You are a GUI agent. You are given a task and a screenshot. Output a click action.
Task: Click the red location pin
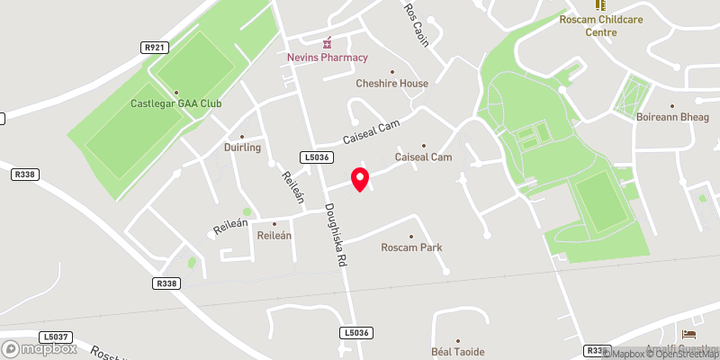pyautogui.click(x=360, y=178)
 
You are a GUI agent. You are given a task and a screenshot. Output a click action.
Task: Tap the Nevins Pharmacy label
pyautogui.click(x=328, y=58)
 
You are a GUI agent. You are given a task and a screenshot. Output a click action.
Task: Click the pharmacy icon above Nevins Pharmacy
pyautogui.click(x=328, y=42)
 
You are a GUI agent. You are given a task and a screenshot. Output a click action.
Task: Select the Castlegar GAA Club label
pyautogui.click(x=176, y=103)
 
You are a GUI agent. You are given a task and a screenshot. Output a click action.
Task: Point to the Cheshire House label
pyautogui.click(x=391, y=84)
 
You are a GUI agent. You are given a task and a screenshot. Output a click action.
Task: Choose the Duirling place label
pyautogui.click(x=242, y=147)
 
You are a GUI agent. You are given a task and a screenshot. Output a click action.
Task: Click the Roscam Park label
pyautogui.click(x=411, y=247)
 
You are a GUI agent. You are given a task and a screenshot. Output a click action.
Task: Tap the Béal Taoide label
pyautogui.click(x=458, y=351)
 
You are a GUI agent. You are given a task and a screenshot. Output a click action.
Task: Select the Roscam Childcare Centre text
pyautogui.click(x=600, y=25)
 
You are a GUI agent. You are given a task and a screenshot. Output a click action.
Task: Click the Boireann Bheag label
pyautogui.click(x=668, y=116)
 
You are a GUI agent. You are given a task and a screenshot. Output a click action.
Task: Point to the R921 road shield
pyautogui.click(x=153, y=47)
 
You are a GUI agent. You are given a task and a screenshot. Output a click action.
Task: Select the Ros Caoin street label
pyautogui.click(x=417, y=25)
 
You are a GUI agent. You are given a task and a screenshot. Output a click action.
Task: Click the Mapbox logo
pyautogui.click(x=38, y=348)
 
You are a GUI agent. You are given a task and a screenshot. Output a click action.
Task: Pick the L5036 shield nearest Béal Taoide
pyautogui.click(x=356, y=333)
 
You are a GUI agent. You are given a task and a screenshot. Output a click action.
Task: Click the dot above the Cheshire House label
pyautogui.click(x=391, y=72)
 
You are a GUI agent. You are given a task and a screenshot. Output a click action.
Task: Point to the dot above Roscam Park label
pyautogui.click(x=411, y=236)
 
